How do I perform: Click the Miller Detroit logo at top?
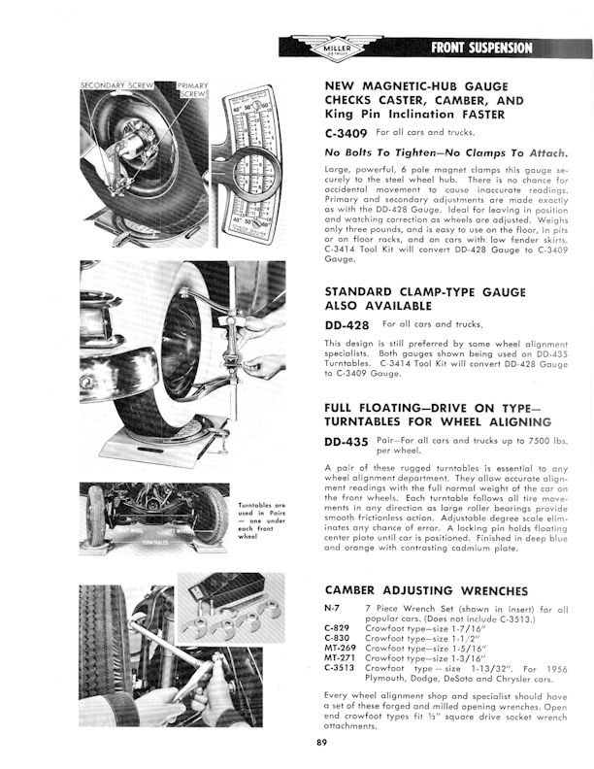click(x=338, y=49)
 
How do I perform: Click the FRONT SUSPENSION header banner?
click(x=482, y=48)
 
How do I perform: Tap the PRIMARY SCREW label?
click(x=192, y=91)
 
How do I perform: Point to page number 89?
click(x=321, y=744)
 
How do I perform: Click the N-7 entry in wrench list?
click(x=331, y=606)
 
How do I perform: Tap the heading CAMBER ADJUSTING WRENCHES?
click(x=427, y=589)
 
